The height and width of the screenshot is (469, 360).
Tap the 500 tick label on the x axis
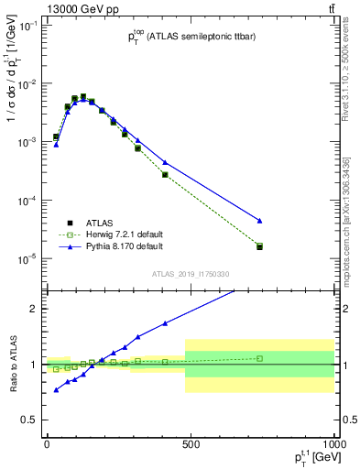(x=191, y=443)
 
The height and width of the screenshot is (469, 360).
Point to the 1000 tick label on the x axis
(x=332, y=443)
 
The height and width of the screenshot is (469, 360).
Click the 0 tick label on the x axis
(x=47, y=443)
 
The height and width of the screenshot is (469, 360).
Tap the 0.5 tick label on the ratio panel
(x=30, y=420)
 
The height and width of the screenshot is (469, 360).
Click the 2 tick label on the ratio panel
(x=35, y=309)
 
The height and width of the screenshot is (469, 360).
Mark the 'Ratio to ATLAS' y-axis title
(x=12, y=364)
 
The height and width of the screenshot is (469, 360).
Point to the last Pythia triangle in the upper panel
(x=259, y=221)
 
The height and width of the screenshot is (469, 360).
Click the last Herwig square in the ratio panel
(x=259, y=358)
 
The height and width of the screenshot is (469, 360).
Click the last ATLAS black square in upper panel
(x=259, y=246)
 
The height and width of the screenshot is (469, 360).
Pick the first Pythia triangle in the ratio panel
(x=56, y=390)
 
